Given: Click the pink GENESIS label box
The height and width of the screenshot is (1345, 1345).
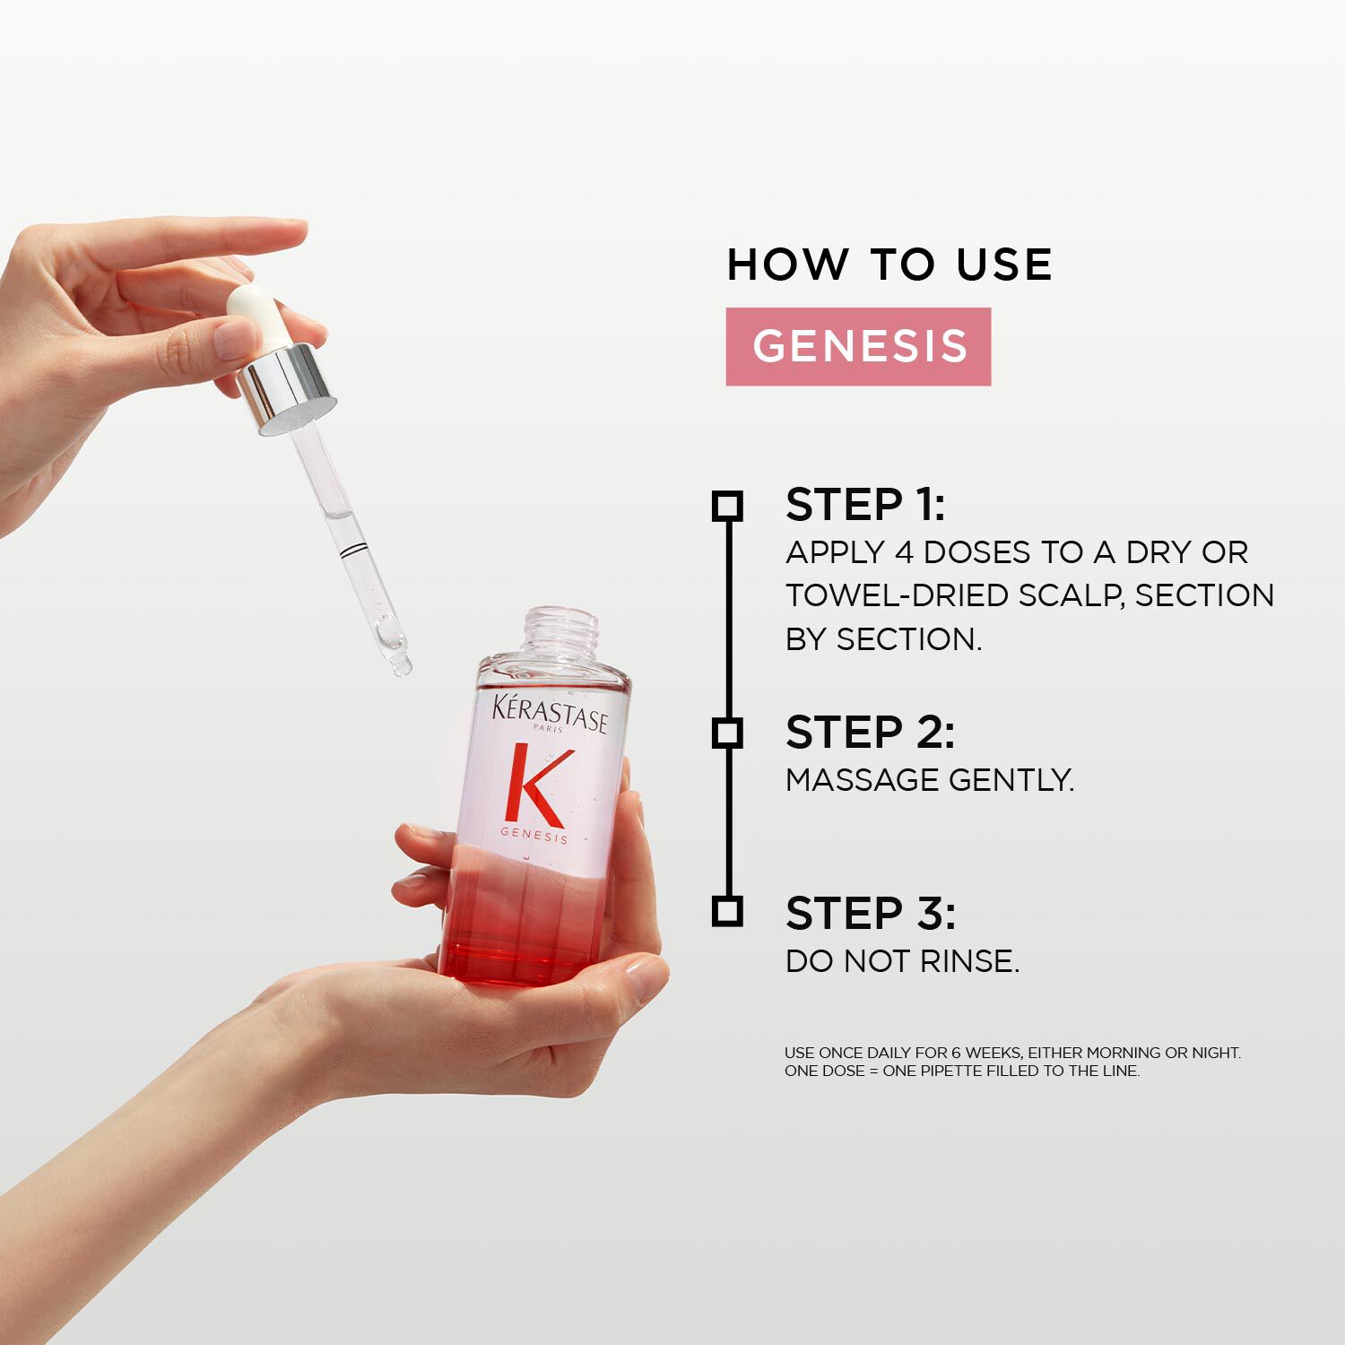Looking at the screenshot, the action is tap(858, 346).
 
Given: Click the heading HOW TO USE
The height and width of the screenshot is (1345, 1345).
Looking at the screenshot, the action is tap(889, 265).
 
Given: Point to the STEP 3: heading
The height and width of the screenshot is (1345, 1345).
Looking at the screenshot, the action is tap(871, 913).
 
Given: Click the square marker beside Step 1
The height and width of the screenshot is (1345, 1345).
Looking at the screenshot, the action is tap(727, 506).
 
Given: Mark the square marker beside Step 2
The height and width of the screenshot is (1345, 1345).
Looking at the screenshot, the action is tap(727, 733).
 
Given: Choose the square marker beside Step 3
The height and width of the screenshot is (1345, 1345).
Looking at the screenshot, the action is tap(727, 911).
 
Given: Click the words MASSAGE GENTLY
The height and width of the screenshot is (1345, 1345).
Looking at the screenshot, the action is tap(930, 780).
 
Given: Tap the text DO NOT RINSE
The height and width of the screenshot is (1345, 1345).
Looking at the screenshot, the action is tap(903, 961).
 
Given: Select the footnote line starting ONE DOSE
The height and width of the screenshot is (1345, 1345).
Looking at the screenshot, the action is tap(962, 1071).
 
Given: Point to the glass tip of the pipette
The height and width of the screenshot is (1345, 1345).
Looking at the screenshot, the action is tap(401, 664).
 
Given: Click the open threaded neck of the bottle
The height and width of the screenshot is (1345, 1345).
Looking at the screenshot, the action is tap(561, 633).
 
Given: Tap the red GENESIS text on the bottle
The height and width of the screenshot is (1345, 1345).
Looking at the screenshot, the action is tap(534, 836).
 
